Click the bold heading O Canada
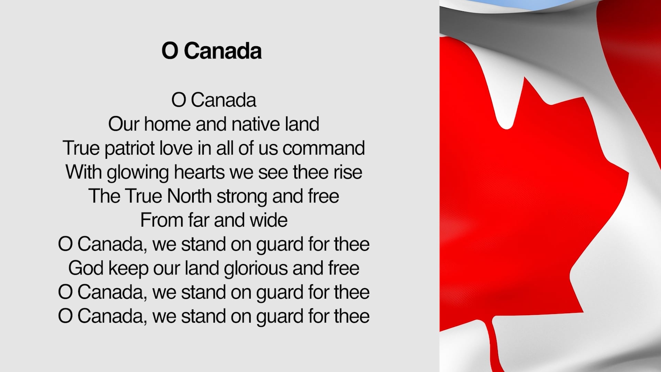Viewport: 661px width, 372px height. pyautogui.click(x=211, y=51)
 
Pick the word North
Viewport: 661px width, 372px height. pyautogui.click(x=189, y=196)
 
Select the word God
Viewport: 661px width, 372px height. pyautogui.click(x=85, y=268)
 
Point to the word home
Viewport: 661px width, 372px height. pyautogui.click(x=167, y=124)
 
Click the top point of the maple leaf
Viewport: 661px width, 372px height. pyautogui.click(x=525, y=79)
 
